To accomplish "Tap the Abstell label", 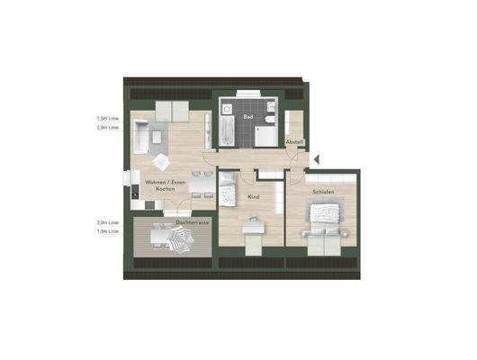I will point(294,143).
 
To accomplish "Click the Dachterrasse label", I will point(193,221).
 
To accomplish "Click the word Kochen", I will point(166,190).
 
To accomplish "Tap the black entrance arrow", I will point(316,160).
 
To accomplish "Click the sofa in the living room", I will point(144,138).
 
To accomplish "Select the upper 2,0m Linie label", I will point(109,128).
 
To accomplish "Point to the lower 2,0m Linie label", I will point(109,221).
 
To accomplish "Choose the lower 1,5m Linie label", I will point(109,231).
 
